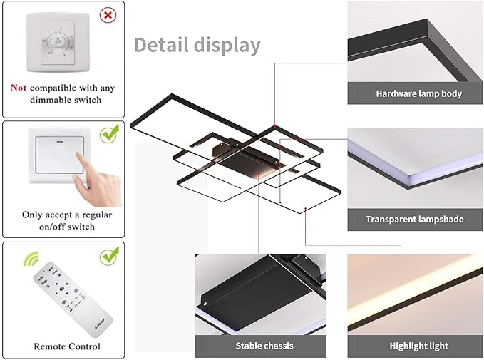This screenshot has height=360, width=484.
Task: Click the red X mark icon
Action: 108,15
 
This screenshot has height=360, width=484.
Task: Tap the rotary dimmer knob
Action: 58,41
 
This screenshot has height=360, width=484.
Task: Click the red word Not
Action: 19,88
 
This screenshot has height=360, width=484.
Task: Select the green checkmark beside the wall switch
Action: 110,133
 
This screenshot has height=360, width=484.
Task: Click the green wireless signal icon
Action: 31,259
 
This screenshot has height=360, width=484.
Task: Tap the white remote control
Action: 73,299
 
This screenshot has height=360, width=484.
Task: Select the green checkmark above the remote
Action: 110,256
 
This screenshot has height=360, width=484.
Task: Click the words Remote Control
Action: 67,346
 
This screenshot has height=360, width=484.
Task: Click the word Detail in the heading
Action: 161,45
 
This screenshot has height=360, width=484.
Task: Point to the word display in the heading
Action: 227,46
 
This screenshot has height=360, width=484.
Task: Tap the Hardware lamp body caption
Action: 419,93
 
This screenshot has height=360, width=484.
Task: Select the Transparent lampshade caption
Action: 415,220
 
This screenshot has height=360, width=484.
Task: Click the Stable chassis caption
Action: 264,346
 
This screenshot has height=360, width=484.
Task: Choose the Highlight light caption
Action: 419,346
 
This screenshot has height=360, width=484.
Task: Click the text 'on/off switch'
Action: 67,227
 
